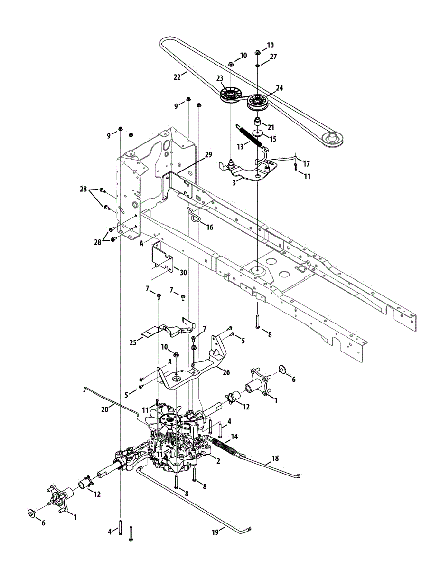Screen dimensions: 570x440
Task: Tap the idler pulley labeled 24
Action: (257, 101)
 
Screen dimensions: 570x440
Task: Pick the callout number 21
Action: (271, 127)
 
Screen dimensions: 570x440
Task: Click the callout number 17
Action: (306, 164)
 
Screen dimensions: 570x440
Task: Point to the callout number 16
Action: (209, 227)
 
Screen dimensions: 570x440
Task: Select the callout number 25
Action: (133, 342)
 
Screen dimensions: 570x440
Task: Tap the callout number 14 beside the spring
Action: (234, 436)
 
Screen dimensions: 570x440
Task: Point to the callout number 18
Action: (275, 459)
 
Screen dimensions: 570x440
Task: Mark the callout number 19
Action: (215, 533)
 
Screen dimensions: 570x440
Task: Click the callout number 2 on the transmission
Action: (218, 460)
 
